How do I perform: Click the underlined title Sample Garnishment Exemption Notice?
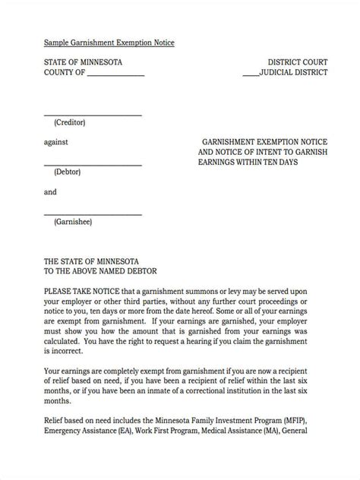coord(109,43)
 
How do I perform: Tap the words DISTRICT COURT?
coord(298,62)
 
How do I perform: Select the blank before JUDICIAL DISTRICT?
coord(250,75)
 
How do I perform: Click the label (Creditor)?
coord(70,122)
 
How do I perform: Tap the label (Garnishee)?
coord(72,222)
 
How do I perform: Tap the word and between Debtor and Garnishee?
coord(50,192)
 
